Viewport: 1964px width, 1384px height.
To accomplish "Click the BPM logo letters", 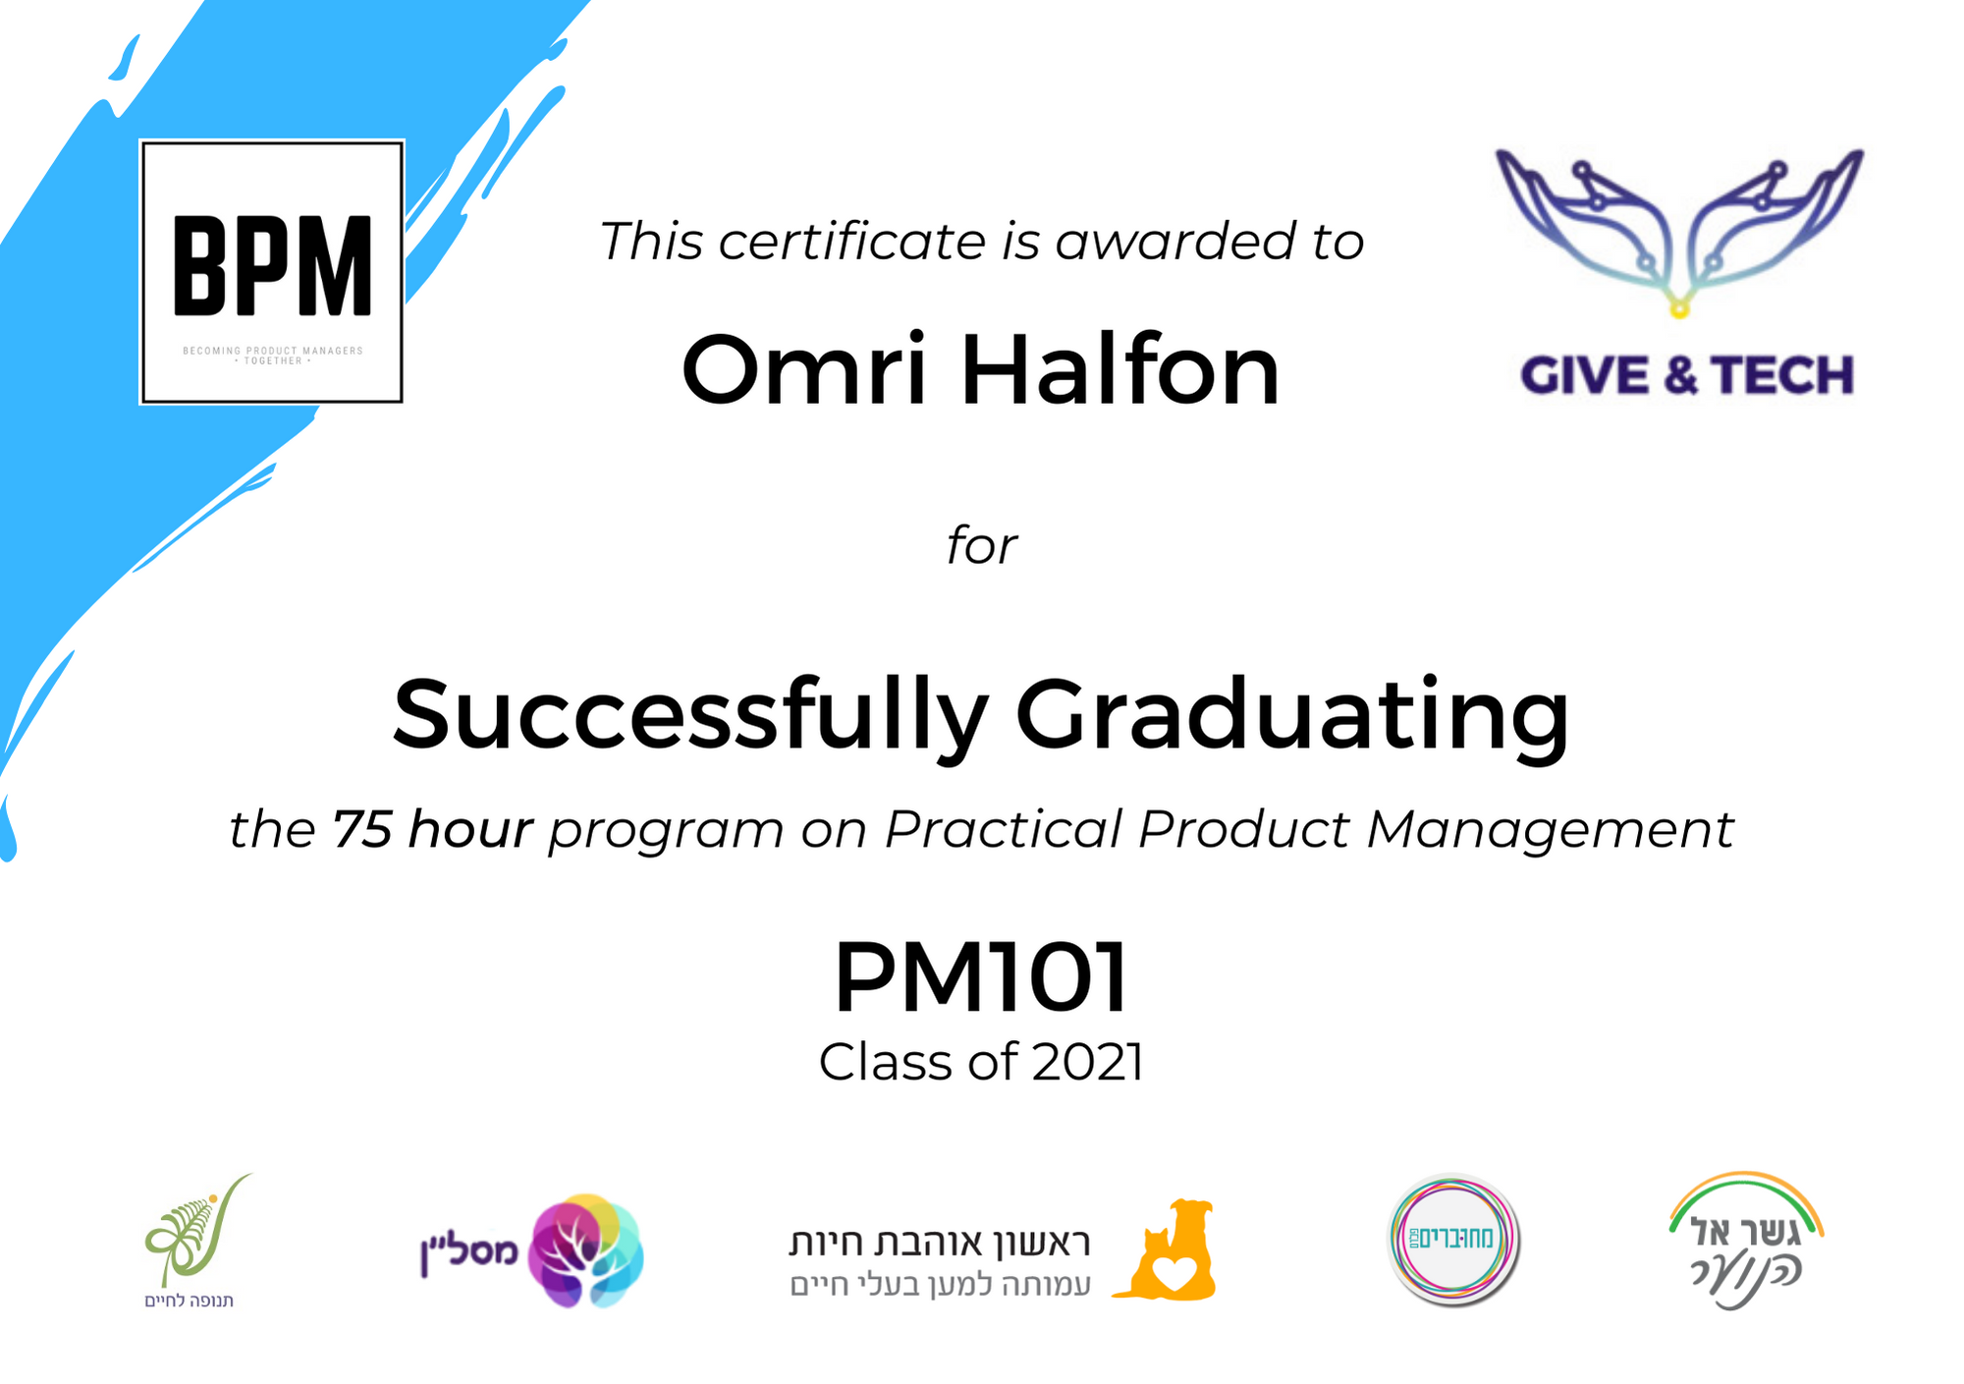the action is [273, 265].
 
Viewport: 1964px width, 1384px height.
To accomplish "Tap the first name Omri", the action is [804, 370].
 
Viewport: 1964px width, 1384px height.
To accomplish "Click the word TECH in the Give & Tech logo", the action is [1782, 375].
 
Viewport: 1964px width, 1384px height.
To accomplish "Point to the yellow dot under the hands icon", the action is [1679, 309].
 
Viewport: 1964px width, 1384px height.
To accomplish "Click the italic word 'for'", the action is [982, 546].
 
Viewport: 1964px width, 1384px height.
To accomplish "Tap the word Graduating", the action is [1292, 717].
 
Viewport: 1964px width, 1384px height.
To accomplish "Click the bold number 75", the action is [362, 829].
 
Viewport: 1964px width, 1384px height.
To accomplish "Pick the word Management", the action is [1551, 831].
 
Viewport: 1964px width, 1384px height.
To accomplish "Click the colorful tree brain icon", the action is [585, 1250].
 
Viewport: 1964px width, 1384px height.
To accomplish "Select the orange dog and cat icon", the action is [1166, 1250].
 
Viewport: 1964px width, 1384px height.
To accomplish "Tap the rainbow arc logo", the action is [1745, 1193].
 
